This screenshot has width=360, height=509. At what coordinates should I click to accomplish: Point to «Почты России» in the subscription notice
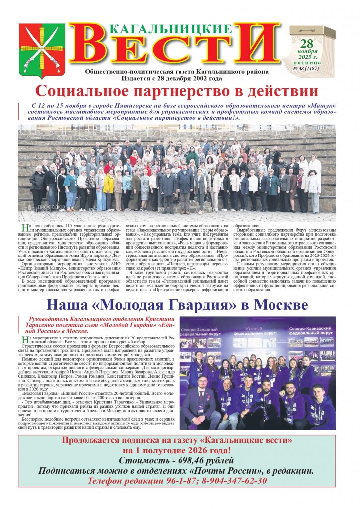pos(231,471)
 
